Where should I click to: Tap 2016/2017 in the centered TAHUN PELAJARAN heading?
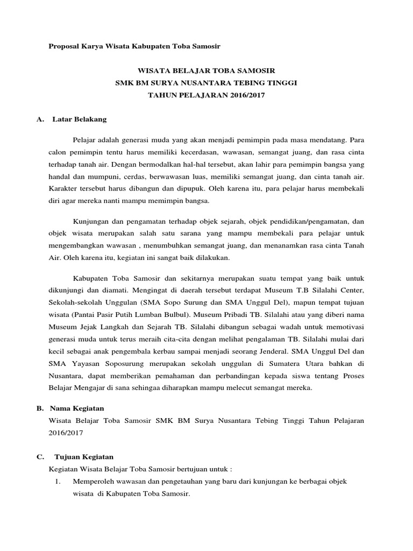tap(245, 95)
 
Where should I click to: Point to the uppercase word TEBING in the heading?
tap(249, 83)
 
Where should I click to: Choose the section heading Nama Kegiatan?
tap(78, 408)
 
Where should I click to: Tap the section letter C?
tap(40, 456)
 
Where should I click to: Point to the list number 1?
tap(56, 481)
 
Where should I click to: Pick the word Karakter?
tap(64, 189)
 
